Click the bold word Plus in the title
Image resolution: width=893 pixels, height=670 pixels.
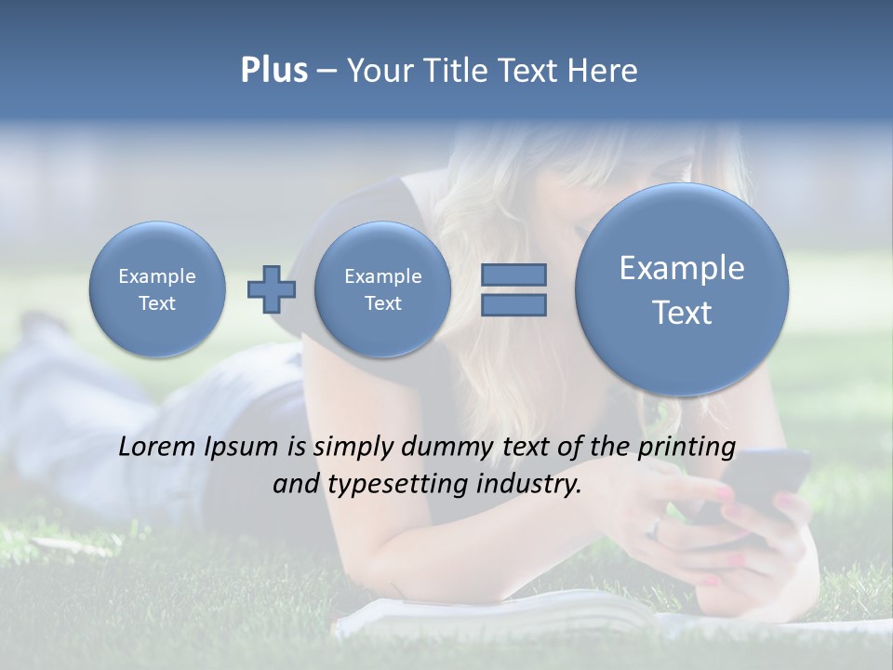273,71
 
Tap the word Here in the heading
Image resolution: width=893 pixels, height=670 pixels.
603,71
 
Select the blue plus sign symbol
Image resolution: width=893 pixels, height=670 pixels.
272,288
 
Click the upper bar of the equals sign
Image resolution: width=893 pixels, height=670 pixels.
513,275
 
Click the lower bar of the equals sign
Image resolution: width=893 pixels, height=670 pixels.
513,305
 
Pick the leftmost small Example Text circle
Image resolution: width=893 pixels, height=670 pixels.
157,289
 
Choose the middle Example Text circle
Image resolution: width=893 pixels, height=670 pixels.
382,289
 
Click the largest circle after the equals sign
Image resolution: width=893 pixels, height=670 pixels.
682,288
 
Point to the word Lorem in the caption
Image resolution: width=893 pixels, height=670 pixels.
157,447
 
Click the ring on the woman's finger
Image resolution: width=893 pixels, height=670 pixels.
655,528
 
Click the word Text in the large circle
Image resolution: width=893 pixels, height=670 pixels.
682,313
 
